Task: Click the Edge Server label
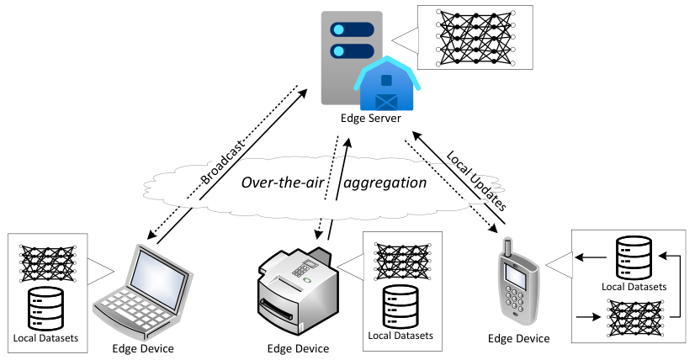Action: pyautogui.click(x=370, y=119)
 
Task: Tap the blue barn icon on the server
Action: pyautogui.click(x=387, y=84)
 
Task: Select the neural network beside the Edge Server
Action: pyautogui.click(x=475, y=37)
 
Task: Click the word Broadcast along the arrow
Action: pyautogui.click(x=222, y=162)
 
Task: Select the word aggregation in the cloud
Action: pyautogui.click(x=385, y=183)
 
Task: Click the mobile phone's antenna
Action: pyautogui.click(x=508, y=248)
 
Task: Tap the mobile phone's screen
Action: pyautogui.click(x=516, y=277)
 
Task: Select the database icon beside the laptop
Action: pyautogui.click(x=45, y=309)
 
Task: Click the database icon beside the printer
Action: pyautogui.click(x=401, y=306)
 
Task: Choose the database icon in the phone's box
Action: pyautogui.click(x=634, y=257)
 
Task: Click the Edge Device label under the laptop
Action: pyautogui.click(x=143, y=348)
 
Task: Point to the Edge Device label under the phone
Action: pyautogui.click(x=518, y=339)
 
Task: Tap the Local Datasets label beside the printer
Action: pyautogui.click(x=401, y=336)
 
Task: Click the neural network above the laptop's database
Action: pyautogui.click(x=47, y=264)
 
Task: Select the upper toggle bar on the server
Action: pyautogui.click(x=352, y=29)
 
